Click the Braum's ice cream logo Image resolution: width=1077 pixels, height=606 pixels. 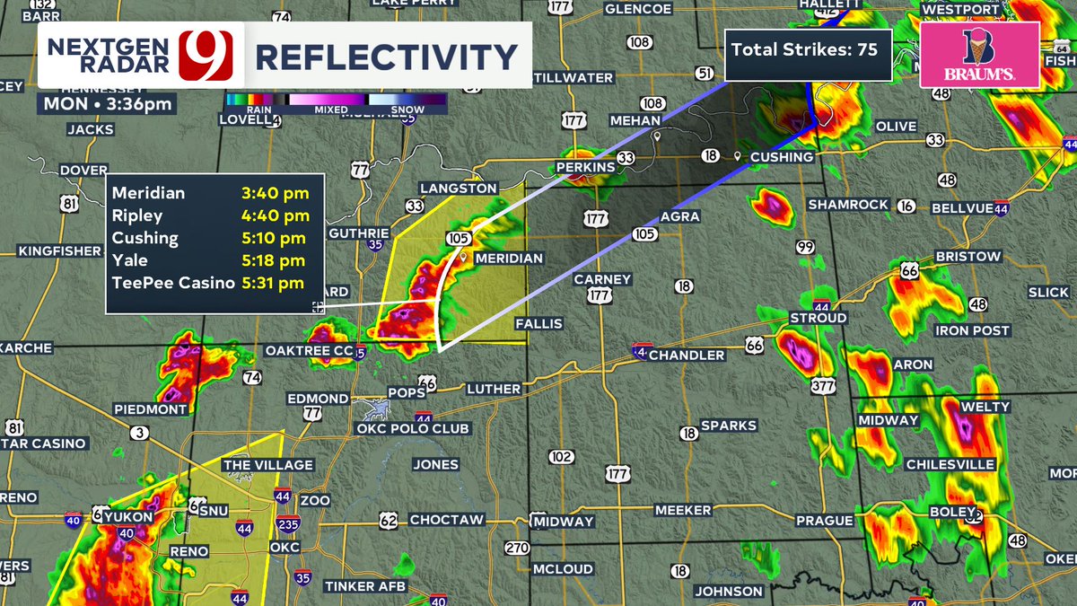[979, 55]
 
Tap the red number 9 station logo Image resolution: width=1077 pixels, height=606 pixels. [206, 56]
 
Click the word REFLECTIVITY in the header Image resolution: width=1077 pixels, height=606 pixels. [387, 57]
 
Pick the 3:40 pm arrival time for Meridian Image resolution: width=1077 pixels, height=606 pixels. [275, 193]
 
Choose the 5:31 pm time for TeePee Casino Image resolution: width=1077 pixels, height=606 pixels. [275, 283]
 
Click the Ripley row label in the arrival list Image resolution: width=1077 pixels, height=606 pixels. [138, 215]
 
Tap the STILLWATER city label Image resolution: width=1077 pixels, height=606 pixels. [574, 78]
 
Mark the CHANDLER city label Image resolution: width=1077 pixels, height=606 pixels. [687, 356]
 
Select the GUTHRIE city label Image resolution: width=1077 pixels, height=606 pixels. [359, 232]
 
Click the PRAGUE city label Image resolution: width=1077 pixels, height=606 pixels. [824, 521]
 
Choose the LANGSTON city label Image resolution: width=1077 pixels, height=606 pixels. [459, 189]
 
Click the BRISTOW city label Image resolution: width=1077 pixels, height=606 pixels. [968, 257]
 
